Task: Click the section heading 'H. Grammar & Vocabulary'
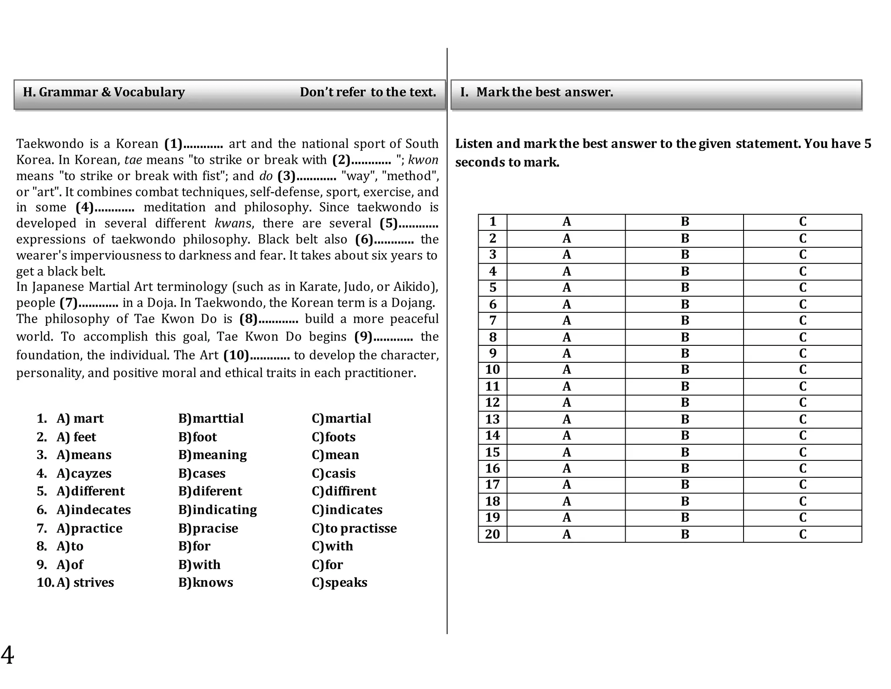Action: click(104, 92)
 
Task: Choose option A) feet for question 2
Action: click(76, 437)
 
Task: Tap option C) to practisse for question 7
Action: click(354, 528)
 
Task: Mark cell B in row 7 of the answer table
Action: click(684, 321)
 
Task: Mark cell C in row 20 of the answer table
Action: click(802, 534)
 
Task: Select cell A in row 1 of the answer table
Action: click(566, 222)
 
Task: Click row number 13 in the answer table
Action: click(492, 419)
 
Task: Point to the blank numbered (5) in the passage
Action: click(409, 223)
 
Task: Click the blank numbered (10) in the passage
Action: click(257, 355)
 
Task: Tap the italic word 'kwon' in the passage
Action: click(423, 160)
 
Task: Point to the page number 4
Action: click(7, 655)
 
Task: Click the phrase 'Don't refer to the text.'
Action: click(368, 92)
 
